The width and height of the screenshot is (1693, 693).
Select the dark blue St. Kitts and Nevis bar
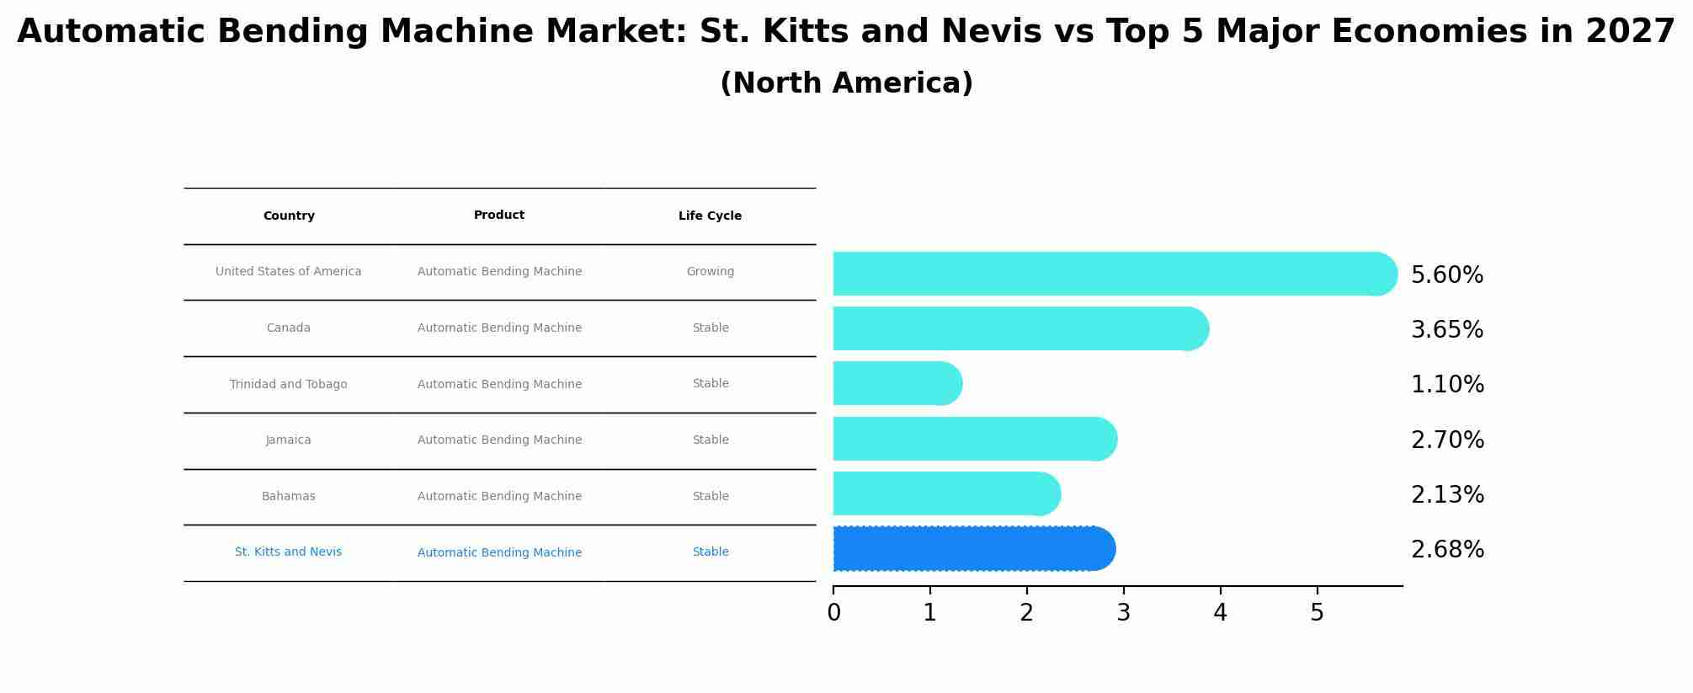click(x=973, y=549)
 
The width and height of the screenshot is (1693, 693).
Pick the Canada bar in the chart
click(x=1020, y=328)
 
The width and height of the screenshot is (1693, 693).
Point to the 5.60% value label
click(x=1446, y=275)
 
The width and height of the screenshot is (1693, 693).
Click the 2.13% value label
click(x=1446, y=495)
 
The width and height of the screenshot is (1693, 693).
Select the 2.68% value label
click(x=1446, y=550)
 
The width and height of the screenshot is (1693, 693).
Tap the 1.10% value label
click(x=1446, y=385)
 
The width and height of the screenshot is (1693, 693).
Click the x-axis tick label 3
click(x=1123, y=613)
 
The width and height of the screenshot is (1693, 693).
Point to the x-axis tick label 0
click(x=833, y=613)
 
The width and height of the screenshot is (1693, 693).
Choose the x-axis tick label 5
click(x=1317, y=613)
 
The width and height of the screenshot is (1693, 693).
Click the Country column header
click(x=289, y=216)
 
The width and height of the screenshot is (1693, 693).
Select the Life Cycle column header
click(x=710, y=216)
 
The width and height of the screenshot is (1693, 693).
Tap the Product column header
click(x=499, y=216)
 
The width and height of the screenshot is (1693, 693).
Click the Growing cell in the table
click(x=710, y=272)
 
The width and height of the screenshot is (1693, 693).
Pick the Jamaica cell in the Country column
click(x=289, y=440)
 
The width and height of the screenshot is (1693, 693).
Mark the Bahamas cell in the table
click(x=289, y=497)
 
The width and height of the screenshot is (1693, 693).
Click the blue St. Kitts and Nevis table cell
click(x=289, y=552)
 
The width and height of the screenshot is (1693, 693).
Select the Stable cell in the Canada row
click(x=710, y=328)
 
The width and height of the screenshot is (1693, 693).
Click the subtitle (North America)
click(x=846, y=83)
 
